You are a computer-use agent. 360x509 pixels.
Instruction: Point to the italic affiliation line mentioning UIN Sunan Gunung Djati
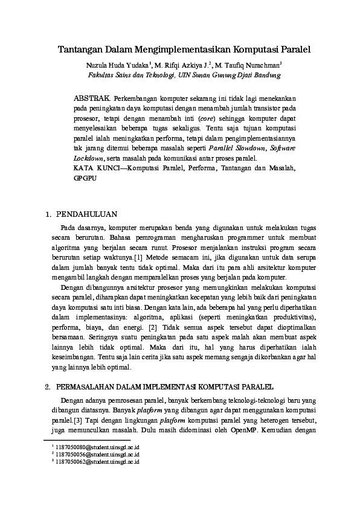[179, 75]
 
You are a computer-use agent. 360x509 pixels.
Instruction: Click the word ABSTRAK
[91, 97]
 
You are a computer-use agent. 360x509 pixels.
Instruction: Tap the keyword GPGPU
[86, 179]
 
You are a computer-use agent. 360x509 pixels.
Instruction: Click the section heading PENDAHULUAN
[87, 214]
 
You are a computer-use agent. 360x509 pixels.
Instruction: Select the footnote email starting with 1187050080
[97, 446]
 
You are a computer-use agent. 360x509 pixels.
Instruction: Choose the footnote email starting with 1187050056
[97, 453]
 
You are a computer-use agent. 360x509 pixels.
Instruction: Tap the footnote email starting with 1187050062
[97, 461]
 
